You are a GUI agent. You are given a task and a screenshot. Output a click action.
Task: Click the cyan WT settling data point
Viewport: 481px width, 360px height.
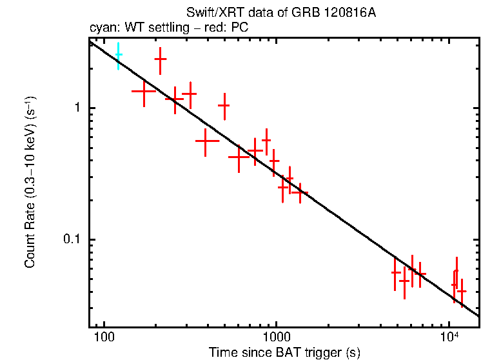coord(119,55)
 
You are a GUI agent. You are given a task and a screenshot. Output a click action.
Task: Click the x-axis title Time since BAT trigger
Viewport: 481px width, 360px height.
coord(284,352)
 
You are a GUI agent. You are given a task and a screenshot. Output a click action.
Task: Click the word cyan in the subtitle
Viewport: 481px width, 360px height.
coord(102,28)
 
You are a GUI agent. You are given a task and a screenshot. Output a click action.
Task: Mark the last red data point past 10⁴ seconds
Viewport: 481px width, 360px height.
coord(461,291)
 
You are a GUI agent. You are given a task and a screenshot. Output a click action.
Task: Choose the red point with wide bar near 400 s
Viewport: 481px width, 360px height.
coord(206,140)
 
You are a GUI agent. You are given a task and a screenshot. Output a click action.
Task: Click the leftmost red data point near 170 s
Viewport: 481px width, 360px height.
coord(143,91)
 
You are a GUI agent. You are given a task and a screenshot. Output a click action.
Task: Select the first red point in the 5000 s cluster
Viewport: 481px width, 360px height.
coord(396,272)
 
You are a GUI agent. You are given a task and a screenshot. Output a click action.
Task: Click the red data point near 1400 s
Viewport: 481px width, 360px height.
coord(300,192)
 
